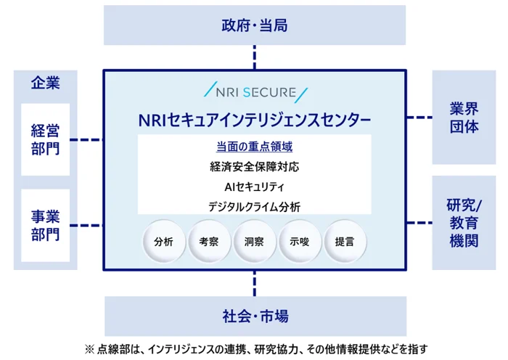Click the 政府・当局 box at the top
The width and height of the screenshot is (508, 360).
255,26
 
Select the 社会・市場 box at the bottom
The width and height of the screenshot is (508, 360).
255,316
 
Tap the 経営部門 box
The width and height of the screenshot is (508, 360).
45,139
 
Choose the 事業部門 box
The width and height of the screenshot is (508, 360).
45,225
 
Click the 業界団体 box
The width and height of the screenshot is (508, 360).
464,117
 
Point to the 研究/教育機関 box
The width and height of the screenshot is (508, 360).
464,223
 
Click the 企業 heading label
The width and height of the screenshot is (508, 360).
45,83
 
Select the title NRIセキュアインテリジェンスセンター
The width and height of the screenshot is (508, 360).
254,119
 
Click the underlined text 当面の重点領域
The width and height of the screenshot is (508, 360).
254,146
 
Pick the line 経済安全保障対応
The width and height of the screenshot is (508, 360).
254,166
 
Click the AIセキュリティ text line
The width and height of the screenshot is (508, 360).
254,187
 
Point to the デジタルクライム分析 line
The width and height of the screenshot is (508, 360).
254,207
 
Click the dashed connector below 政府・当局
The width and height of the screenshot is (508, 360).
255,57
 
